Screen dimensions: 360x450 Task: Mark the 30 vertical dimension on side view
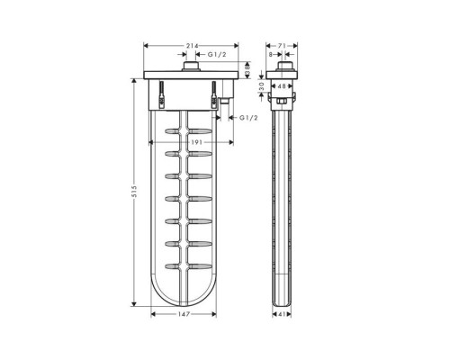point(262,87)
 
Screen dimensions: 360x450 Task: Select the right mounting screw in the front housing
point(214,94)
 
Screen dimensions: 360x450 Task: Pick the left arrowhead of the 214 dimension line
point(146,46)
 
